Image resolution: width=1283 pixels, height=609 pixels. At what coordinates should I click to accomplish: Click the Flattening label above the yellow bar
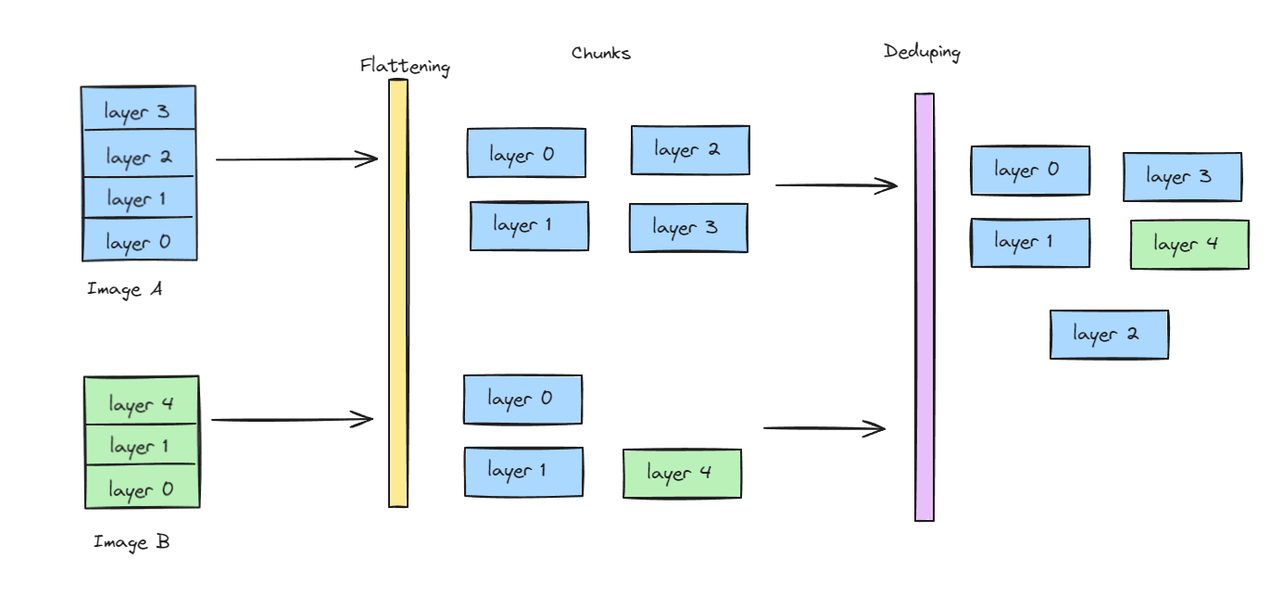405,67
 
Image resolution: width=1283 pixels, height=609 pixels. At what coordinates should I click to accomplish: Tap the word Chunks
601,54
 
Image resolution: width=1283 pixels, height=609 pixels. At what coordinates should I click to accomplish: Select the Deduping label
922,52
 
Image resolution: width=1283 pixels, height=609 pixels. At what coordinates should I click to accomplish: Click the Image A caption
125,289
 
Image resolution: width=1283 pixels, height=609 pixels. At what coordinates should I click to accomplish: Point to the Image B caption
132,542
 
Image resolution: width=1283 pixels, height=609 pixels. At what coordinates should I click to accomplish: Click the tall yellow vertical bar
398,293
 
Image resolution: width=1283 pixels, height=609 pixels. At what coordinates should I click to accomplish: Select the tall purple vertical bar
925,307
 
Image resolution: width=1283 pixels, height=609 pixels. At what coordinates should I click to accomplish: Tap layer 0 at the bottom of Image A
139,241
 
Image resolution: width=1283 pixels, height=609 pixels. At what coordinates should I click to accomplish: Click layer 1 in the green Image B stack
142,445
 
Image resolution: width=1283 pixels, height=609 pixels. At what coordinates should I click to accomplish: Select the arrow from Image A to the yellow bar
296,159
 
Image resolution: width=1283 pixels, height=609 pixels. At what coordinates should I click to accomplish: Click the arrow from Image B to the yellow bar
292,420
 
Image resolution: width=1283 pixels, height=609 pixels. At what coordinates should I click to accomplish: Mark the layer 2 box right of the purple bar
1109,335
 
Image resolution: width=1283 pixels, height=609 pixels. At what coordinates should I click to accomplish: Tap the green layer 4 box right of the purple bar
1189,245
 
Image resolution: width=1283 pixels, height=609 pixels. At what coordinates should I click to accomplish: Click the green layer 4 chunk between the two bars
682,474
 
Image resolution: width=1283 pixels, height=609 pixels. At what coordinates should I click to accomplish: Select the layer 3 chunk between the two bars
688,228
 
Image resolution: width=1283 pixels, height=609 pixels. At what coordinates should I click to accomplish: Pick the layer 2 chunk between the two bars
690,150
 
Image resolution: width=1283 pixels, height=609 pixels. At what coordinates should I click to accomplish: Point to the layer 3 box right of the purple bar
1182,177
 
